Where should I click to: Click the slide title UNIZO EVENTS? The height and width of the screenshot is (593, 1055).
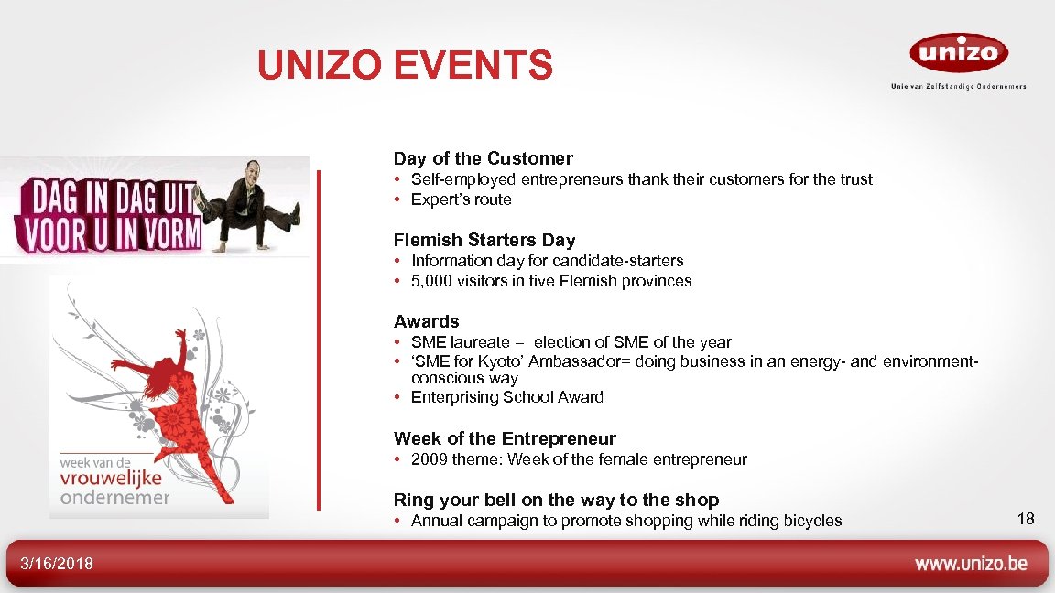click(x=405, y=65)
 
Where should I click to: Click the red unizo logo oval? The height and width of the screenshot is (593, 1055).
click(x=958, y=52)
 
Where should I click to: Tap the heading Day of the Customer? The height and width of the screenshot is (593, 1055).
click(x=483, y=158)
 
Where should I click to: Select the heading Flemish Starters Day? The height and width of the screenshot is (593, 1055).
click(x=484, y=240)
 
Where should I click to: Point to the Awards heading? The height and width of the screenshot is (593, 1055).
click(x=426, y=321)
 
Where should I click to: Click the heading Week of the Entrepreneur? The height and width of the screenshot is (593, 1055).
click(x=505, y=438)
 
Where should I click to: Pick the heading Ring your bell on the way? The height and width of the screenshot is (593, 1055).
click(x=556, y=500)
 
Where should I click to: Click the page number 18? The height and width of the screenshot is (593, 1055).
click(x=1026, y=520)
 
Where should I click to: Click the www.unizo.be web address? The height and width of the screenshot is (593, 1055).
click(x=971, y=563)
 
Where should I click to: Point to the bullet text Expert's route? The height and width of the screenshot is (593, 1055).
click(x=461, y=199)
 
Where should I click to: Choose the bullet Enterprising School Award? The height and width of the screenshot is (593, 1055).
click(x=506, y=397)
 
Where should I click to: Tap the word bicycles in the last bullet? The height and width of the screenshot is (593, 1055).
click(x=812, y=521)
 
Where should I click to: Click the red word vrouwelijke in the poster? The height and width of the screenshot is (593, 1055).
click(x=111, y=479)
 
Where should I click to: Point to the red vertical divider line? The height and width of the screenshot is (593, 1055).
click(x=319, y=339)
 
